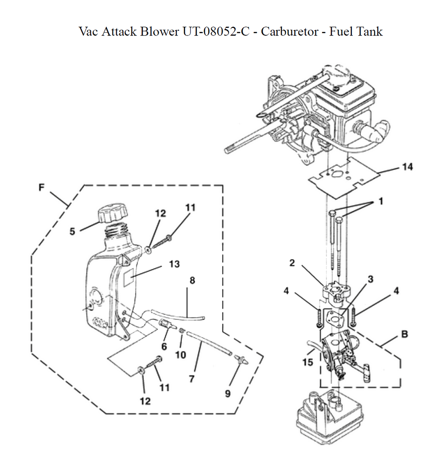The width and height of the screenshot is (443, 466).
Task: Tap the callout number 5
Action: (72, 231)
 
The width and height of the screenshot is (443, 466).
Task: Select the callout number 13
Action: (174, 264)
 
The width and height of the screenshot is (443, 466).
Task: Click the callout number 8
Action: (192, 280)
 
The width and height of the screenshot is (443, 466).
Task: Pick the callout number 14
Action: (407, 167)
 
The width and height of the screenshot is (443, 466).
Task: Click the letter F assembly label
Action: (41, 188)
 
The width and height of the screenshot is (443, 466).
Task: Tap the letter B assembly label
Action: (404, 334)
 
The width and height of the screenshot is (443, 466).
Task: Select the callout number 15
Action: (307, 362)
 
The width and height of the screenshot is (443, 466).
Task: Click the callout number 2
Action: (292, 263)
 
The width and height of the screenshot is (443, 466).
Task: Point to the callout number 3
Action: (370, 279)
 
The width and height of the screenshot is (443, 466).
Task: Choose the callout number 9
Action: (227, 393)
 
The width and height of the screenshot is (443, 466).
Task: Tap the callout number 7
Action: (192, 379)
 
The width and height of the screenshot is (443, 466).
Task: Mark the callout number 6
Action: (164, 346)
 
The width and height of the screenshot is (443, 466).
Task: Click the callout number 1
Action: (381, 202)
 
